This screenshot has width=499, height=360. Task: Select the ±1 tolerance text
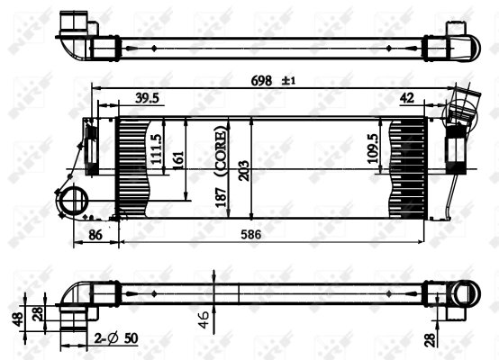[289, 81]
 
